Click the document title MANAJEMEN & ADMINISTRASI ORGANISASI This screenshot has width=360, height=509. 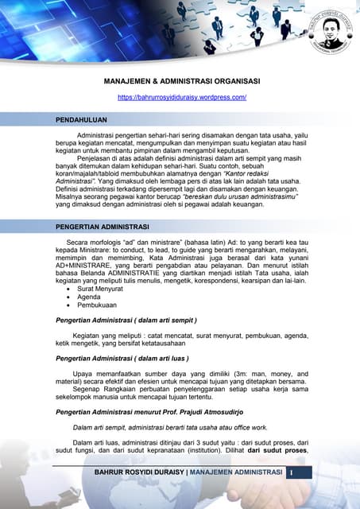coord(182,81)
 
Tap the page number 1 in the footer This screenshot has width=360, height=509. coord(291,473)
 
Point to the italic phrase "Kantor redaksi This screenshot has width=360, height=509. coord(262,173)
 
